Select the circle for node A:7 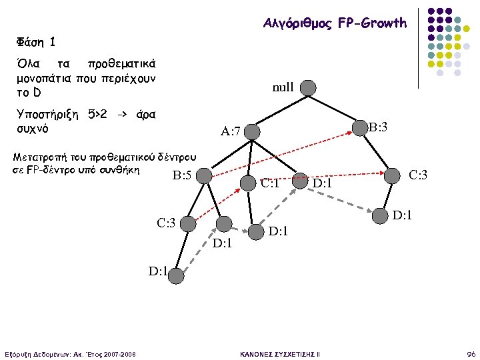click(253, 131)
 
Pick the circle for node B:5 click(204, 176)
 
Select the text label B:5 click(182, 177)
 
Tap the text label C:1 click(270, 183)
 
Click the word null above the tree click(283, 87)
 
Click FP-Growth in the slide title click(372, 23)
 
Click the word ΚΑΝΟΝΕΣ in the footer click(257, 353)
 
